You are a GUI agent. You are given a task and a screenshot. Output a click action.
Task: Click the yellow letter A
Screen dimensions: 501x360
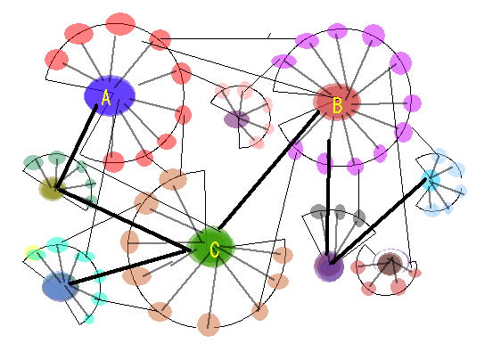106,98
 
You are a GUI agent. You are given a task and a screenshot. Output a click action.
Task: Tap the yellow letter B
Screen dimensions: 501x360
337,106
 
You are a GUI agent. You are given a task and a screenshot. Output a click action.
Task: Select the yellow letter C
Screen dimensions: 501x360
215,250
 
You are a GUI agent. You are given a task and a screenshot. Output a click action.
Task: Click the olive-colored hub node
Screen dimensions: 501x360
52,188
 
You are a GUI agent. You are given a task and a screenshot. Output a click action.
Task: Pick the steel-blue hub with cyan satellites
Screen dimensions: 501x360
60,286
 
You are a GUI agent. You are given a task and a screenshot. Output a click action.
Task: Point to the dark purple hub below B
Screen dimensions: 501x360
329,266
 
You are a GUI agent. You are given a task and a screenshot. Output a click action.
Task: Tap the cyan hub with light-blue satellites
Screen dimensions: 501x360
431,181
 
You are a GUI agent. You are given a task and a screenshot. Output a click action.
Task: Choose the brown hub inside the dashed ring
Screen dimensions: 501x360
390,264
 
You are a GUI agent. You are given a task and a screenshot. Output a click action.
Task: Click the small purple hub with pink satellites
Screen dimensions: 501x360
236,119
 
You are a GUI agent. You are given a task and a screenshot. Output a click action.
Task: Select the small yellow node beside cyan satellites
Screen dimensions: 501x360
31,251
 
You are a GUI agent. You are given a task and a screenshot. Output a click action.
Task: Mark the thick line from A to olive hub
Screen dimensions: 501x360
77,147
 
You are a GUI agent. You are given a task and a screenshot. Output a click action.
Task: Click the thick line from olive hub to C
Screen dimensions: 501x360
122,220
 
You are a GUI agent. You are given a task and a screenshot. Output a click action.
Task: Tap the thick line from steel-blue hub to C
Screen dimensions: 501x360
129,267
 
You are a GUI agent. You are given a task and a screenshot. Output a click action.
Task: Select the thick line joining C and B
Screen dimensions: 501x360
269,169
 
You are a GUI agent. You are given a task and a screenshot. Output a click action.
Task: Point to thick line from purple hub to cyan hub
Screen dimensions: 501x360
379,221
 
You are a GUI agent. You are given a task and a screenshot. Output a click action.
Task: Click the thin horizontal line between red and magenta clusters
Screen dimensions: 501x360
229,38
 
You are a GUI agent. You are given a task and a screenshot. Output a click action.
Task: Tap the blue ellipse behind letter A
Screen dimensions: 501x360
110,96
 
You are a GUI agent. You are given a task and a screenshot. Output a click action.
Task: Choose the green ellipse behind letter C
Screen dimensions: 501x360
211,247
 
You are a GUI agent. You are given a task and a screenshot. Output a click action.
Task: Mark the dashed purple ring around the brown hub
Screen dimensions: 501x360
390,250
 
